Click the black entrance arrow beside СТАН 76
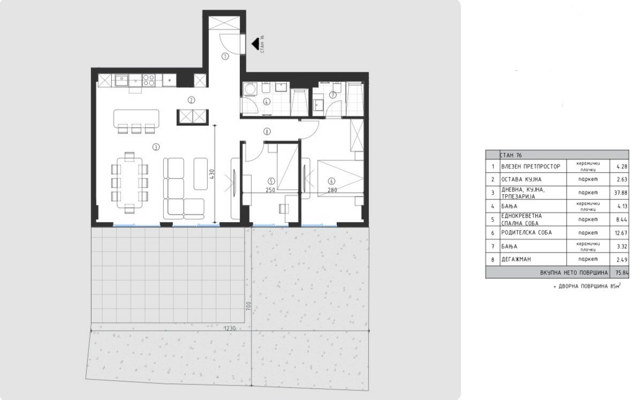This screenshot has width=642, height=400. click(255, 43)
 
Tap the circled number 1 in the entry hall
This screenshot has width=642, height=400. click(225, 56)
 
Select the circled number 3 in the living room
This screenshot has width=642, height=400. click(156, 147)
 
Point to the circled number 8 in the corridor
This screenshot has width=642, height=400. click(267, 132)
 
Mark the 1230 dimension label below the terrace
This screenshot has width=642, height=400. click(230, 328)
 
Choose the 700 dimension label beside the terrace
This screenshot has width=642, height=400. click(248, 307)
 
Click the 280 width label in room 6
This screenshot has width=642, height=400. click(332, 190)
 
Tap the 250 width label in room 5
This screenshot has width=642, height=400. click(270, 190)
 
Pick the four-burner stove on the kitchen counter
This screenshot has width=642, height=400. click(148, 79)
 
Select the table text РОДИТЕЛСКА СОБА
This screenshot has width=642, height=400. click(526, 232)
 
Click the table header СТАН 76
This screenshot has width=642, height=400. click(511, 155)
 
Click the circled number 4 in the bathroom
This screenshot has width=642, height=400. click(267, 102)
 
